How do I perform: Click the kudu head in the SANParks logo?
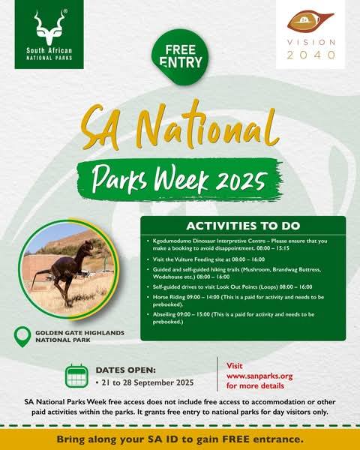(49, 28)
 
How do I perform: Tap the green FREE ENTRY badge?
(180, 57)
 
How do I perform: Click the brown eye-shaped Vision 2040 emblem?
(310, 22)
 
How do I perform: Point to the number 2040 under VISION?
(311, 55)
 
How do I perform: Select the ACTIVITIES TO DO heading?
(243, 226)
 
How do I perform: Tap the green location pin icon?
(22, 336)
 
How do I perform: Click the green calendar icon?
(76, 376)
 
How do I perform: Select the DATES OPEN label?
(126, 370)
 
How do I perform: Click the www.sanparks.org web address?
(259, 376)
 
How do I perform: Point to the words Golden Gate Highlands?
(79, 332)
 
